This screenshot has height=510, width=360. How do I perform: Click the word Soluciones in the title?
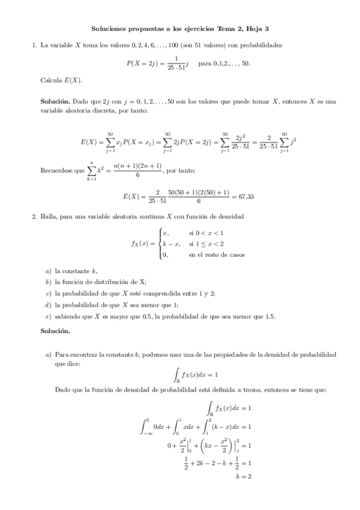pyautogui.click(x=110, y=28)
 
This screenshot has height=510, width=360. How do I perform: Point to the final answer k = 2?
pyautogui.click(x=243, y=476)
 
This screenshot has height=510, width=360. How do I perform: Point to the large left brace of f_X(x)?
pyautogui.click(x=159, y=244)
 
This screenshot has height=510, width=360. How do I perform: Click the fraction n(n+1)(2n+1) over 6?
pyautogui.click(x=138, y=171)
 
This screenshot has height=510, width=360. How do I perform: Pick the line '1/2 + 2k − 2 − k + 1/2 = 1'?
pyautogui.click(x=217, y=463)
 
